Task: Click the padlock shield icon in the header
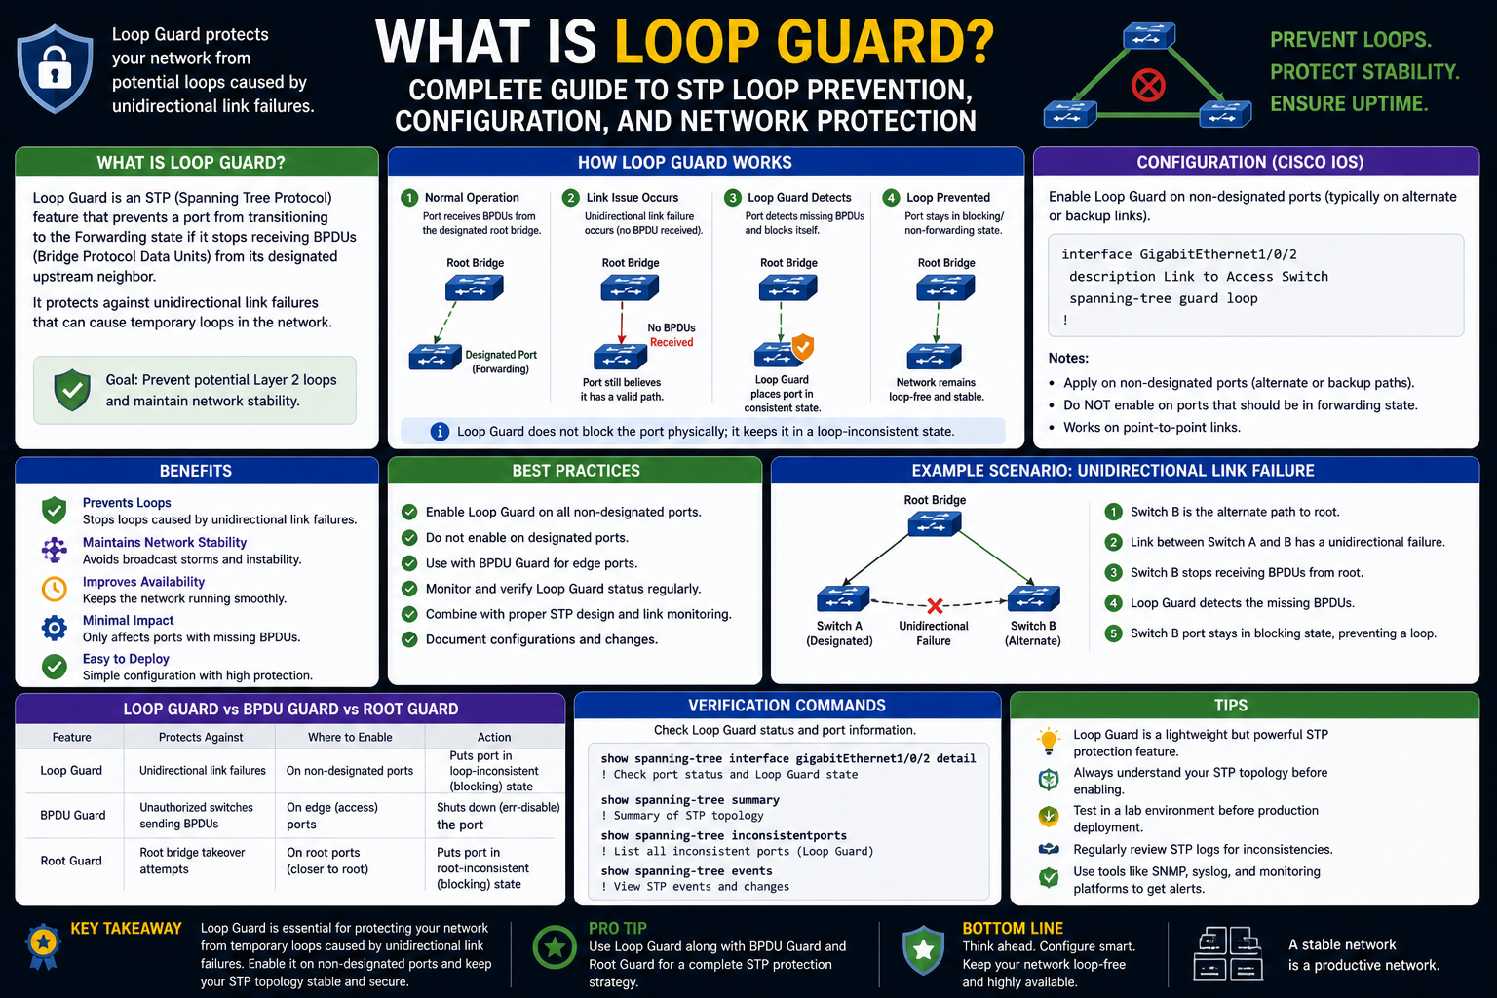pos(55,68)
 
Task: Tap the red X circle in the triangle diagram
pos(1148,86)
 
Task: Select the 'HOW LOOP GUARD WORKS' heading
pos(684,163)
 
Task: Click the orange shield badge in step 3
pos(803,347)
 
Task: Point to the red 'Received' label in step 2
pos(672,342)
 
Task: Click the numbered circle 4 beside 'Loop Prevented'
pos(890,198)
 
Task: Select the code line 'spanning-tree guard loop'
pos(1163,298)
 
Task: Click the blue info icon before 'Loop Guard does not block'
pos(440,431)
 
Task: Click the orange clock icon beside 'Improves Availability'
pos(55,589)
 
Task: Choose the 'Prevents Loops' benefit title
pos(127,503)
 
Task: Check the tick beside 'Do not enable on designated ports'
pos(409,537)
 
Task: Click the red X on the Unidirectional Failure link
pos(935,605)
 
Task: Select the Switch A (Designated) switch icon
pos(843,597)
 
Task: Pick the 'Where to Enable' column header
pos(350,737)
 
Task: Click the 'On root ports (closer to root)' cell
pos(327,861)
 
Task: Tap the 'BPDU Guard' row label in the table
pos(73,815)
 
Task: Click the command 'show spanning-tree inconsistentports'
pos(723,835)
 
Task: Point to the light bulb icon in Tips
pos(1049,741)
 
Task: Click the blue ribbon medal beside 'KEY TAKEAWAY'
pos(44,946)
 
